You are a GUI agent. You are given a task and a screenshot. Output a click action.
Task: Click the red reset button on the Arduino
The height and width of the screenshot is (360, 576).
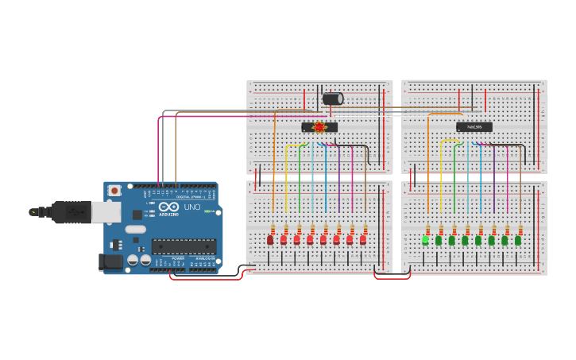click(x=115, y=191)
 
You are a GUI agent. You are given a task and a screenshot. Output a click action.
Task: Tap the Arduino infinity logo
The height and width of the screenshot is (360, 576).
click(x=168, y=207)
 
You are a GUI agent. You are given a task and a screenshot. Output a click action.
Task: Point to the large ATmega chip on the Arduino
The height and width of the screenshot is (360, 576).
click(x=184, y=246)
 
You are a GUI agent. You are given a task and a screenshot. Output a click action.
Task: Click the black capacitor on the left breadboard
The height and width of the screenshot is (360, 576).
click(x=332, y=99)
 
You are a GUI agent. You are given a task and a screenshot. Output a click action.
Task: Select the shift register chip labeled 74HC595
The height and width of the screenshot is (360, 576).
click(x=474, y=126)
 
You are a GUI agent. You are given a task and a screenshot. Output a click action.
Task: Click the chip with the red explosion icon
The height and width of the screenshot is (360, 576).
click(x=319, y=127)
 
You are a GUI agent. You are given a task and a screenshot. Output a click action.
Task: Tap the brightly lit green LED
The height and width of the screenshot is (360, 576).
click(x=425, y=239)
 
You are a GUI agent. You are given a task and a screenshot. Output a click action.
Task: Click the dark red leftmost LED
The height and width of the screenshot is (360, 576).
click(x=270, y=239)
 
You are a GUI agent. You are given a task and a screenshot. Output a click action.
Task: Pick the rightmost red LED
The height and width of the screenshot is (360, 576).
click(x=363, y=239)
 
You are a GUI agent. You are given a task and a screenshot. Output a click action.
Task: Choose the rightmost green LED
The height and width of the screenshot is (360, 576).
click(x=518, y=239)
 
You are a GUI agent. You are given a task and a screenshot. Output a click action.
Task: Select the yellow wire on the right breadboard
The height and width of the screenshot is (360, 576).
click(x=450, y=141)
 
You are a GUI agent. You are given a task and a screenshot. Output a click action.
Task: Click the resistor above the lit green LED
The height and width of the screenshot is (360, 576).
click(x=427, y=230)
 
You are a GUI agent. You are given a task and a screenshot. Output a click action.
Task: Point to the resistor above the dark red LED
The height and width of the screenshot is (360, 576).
click(x=273, y=230)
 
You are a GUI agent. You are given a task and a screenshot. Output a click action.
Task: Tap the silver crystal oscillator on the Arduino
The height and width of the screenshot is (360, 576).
click(x=136, y=230)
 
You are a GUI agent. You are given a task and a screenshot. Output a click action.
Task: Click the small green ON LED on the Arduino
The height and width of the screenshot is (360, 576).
click(x=208, y=211)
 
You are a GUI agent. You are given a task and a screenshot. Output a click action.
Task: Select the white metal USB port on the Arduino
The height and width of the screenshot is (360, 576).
click(x=104, y=211)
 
